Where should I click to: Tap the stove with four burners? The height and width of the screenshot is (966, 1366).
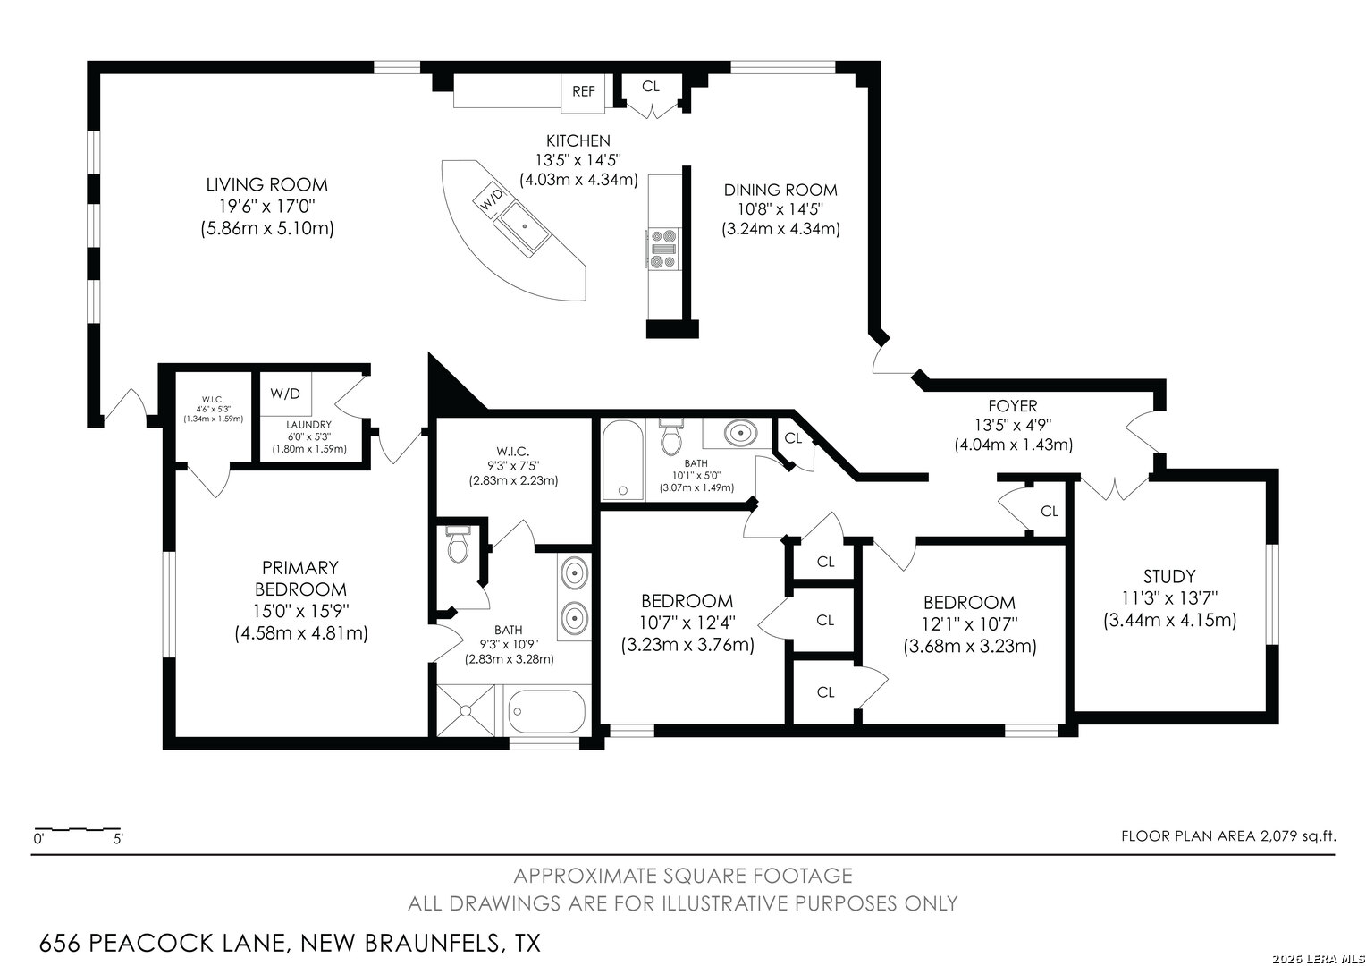(663, 249)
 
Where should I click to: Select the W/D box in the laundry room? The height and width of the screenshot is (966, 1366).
(285, 394)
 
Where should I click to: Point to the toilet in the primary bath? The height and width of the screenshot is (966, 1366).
(458, 545)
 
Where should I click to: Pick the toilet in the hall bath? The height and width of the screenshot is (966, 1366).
(671, 436)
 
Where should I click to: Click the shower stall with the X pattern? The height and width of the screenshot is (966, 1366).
(466, 710)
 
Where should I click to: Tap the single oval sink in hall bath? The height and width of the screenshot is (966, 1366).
(740, 433)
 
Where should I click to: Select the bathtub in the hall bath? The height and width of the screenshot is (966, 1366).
(622, 460)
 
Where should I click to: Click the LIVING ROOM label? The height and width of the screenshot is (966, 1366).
(267, 184)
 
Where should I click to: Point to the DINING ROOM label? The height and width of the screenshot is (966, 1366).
(780, 190)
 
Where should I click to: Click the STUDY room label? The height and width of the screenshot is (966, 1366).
(1169, 576)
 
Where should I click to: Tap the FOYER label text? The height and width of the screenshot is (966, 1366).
(1013, 405)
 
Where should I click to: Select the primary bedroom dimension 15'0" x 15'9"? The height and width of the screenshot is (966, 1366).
(301, 610)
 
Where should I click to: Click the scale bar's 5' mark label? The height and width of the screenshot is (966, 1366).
(118, 838)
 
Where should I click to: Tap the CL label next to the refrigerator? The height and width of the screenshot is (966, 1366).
(651, 87)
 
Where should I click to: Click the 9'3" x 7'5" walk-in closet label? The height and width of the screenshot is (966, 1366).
(513, 466)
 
